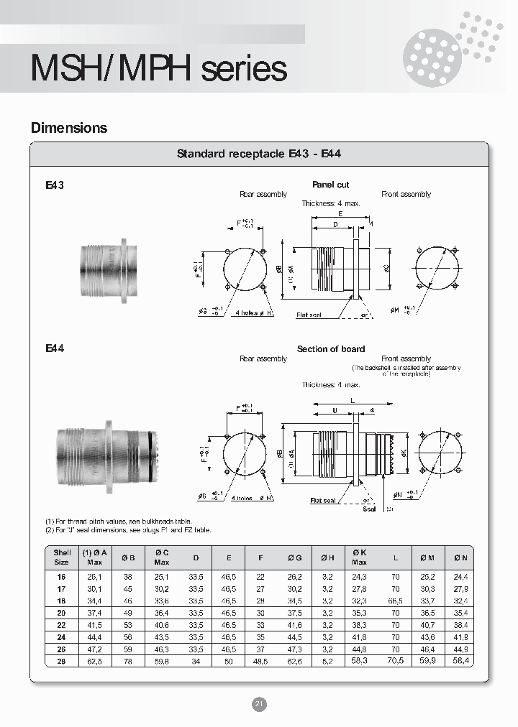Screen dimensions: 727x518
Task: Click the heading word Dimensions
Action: (x=69, y=128)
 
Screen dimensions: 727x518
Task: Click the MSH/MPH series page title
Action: (x=158, y=69)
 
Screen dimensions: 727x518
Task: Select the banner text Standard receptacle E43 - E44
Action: (x=258, y=154)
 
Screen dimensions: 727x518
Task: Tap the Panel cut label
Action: (x=331, y=185)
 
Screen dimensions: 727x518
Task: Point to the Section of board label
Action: (x=331, y=349)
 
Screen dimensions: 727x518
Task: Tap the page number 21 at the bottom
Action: (x=259, y=704)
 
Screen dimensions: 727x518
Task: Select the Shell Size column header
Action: (x=62, y=556)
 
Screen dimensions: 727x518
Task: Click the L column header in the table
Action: (x=395, y=556)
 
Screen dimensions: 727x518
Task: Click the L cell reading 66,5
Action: (x=395, y=601)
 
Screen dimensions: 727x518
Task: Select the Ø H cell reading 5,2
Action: (x=328, y=660)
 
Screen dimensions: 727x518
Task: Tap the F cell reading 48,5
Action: (x=260, y=660)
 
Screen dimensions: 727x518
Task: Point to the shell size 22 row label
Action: (x=61, y=625)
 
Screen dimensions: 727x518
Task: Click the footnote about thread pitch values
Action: (x=118, y=521)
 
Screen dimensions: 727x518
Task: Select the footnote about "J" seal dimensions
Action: (x=128, y=530)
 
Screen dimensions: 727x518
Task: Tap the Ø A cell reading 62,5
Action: (x=94, y=660)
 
